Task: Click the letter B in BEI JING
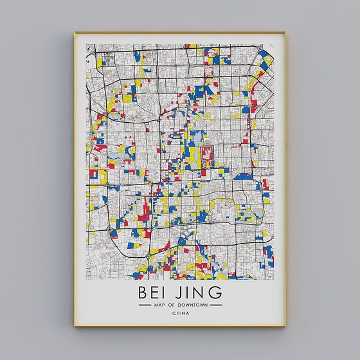coord(143,293)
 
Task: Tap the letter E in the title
coord(156,293)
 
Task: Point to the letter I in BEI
coord(166,293)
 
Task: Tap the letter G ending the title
coord(217,293)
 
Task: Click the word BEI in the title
coord(154,293)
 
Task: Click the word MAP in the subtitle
coord(159,305)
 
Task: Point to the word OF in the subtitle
coord(172,305)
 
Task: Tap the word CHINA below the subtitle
coord(180,314)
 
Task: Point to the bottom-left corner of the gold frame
coord(75,326)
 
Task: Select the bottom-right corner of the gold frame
coord(285,326)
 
